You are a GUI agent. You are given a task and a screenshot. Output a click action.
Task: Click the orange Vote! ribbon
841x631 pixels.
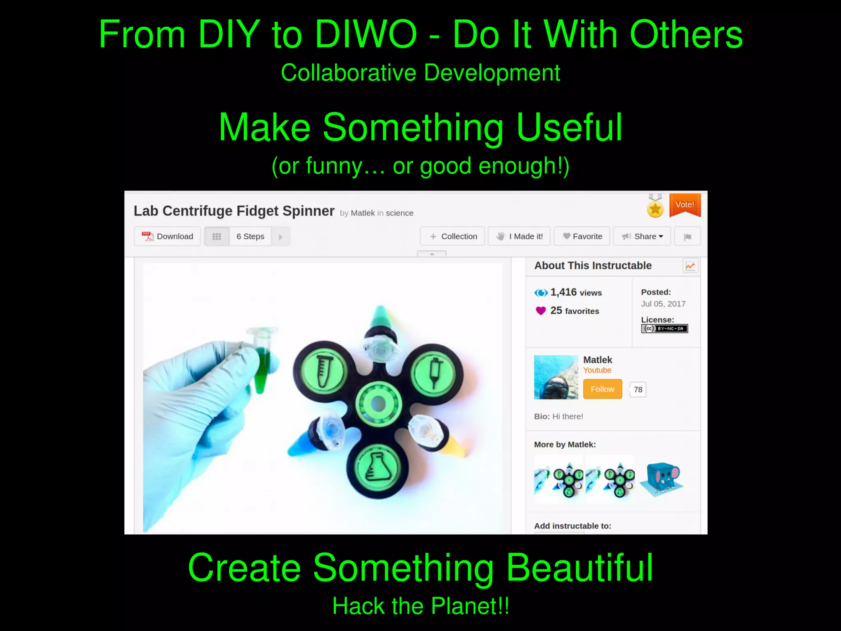(x=685, y=204)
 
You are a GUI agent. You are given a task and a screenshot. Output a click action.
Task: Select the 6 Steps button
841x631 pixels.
(x=250, y=236)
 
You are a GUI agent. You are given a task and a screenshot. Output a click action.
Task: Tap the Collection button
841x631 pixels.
(x=453, y=236)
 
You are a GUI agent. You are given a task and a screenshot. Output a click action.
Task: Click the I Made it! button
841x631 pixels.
(x=519, y=236)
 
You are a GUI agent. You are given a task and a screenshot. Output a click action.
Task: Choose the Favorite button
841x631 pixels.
(x=582, y=236)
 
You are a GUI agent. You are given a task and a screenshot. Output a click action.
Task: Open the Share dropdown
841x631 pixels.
(x=642, y=236)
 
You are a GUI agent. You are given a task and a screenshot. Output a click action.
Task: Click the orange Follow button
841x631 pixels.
(x=602, y=389)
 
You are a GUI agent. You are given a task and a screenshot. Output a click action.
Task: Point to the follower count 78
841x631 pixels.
(x=638, y=390)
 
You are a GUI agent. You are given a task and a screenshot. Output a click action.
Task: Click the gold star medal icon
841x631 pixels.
(x=655, y=209)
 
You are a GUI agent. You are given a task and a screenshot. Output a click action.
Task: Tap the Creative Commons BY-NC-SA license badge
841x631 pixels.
(x=664, y=328)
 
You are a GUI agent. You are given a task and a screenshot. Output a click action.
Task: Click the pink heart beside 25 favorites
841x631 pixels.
(x=540, y=311)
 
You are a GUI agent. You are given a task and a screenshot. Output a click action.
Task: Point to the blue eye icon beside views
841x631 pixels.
(x=541, y=293)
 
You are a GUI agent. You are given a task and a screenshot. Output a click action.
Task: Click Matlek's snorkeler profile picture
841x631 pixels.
(x=556, y=377)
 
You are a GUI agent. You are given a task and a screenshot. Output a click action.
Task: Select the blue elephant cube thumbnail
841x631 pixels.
(x=662, y=478)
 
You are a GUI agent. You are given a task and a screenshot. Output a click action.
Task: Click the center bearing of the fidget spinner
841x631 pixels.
(x=378, y=404)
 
